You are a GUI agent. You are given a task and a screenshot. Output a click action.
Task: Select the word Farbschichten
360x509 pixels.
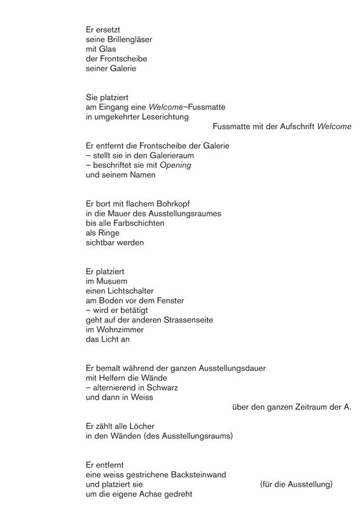pos(137,224)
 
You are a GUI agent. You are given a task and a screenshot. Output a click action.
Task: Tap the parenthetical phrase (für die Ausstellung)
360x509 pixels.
pos(296,485)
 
